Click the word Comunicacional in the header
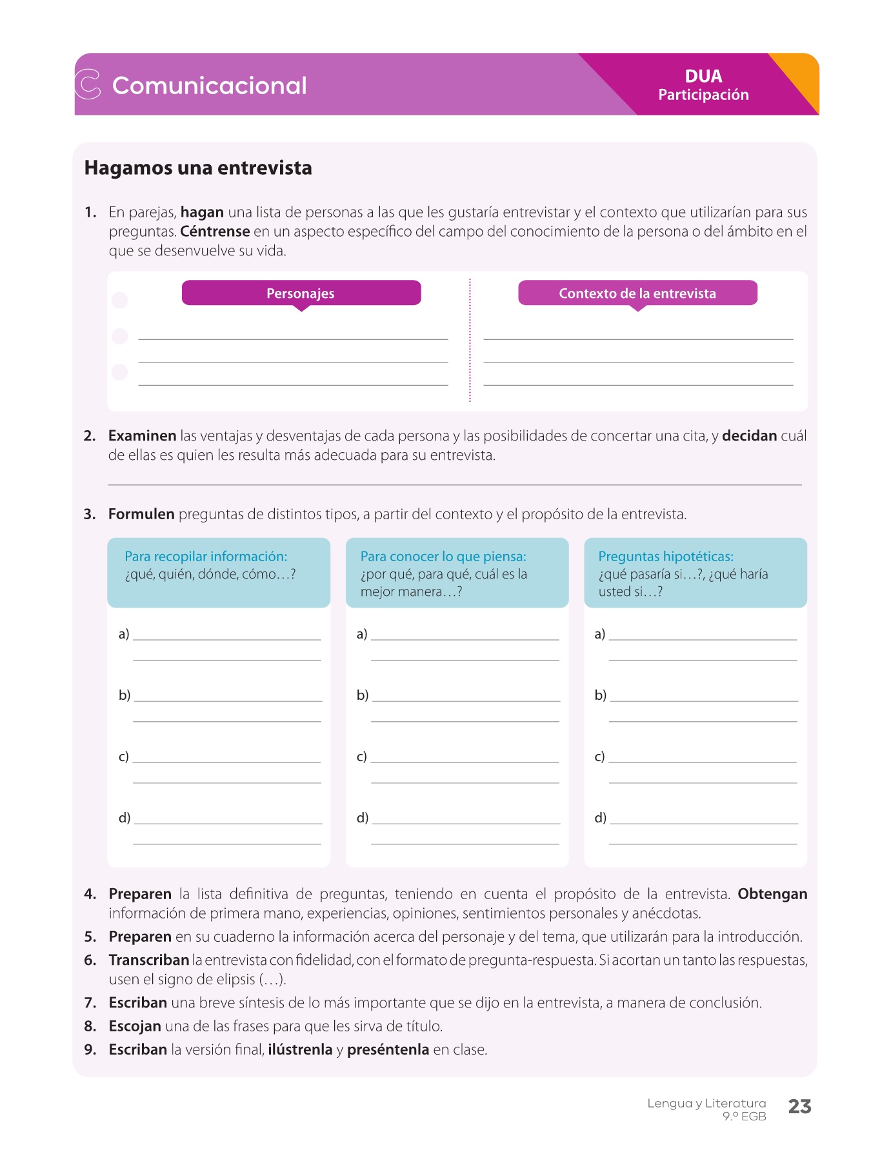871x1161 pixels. (209, 86)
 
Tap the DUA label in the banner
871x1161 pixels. (703, 76)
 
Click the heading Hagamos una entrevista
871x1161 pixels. (198, 168)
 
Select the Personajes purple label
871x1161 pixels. (301, 293)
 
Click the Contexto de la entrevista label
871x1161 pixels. (637, 293)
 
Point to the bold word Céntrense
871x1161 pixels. (215, 232)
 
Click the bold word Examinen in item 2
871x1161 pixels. (142, 436)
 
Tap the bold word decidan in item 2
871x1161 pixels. (749, 436)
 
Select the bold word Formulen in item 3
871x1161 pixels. (141, 515)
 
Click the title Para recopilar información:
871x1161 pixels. (206, 557)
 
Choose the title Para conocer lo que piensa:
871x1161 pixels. (443, 557)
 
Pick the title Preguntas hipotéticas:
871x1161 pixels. (666, 557)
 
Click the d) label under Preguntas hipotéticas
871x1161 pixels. (600, 818)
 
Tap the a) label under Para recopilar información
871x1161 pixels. (124, 634)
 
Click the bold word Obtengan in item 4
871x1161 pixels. (772, 895)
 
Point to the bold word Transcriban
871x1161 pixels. (149, 960)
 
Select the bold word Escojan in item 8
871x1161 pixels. (135, 1026)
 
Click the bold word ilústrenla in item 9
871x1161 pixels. (300, 1050)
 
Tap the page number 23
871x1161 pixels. (799, 1107)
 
